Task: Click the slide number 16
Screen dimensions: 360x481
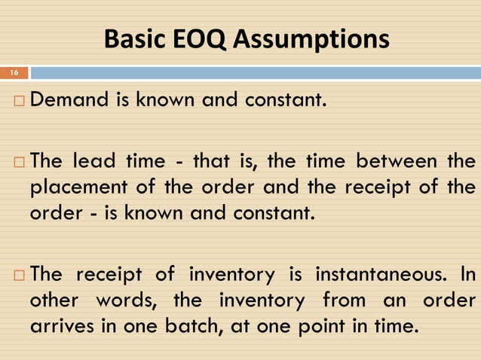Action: coord(14,73)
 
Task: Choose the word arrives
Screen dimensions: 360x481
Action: coord(57,328)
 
